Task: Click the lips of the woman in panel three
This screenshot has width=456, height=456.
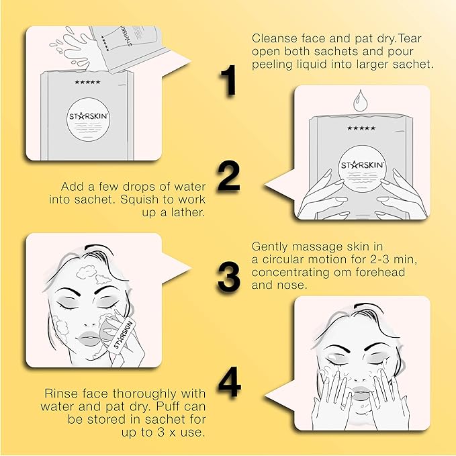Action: pyautogui.click(x=91, y=333)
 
